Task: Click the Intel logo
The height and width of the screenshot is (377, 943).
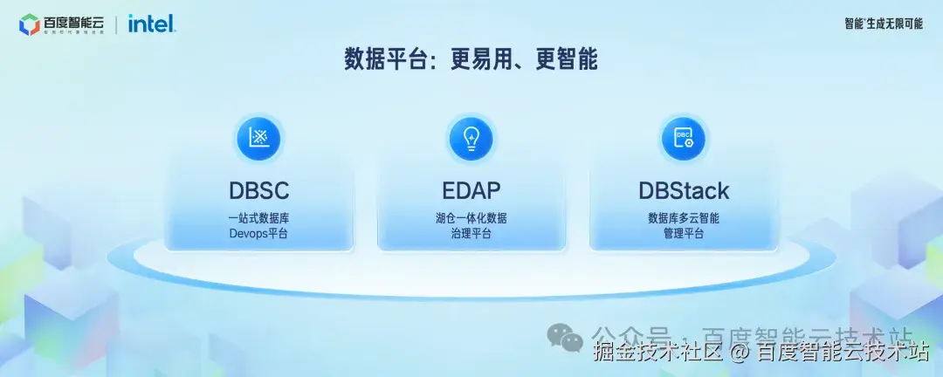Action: click(152, 24)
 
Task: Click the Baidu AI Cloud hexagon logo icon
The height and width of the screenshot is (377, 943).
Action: click(29, 24)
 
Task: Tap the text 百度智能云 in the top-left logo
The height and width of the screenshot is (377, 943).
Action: click(72, 21)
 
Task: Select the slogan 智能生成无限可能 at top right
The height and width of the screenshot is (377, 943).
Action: click(883, 24)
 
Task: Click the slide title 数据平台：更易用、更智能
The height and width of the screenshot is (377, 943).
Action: click(471, 59)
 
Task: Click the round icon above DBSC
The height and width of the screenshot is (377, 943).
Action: click(258, 138)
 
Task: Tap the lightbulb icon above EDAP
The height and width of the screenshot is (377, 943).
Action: click(471, 138)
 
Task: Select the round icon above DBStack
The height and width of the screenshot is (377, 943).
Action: click(684, 138)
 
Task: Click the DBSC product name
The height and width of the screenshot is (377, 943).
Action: click(258, 190)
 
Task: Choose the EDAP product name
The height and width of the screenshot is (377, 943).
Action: click(471, 190)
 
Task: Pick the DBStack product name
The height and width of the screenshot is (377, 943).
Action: click(684, 190)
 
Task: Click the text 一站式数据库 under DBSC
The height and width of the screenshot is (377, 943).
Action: click(258, 218)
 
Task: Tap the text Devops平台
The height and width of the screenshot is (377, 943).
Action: click(258, 234)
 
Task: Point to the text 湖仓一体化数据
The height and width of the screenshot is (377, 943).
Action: click(471, 218)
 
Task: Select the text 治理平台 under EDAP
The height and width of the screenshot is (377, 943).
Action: click(471, 234)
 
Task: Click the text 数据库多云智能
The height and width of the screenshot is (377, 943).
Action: click(684, 218)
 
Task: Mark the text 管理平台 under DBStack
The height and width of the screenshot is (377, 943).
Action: click(684, 234)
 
